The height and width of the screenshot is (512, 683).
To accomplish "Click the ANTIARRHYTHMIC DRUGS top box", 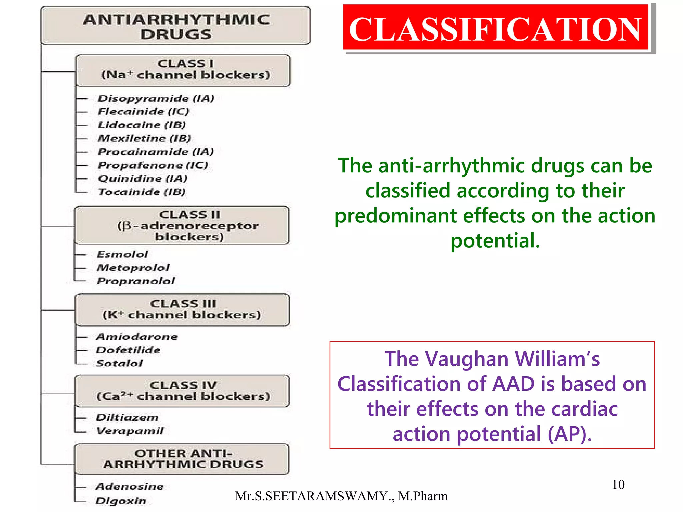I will (x=176, y=26).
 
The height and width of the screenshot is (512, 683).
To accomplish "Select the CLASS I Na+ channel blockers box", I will (x=183, y=70).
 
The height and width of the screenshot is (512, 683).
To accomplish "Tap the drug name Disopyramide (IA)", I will (x=156, y=98).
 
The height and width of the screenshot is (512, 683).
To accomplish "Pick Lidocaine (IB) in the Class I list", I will (x=142, y=125).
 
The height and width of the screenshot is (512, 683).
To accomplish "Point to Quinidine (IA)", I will (x=143, y=179).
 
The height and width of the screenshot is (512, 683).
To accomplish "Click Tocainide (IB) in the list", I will (x=141, y=192).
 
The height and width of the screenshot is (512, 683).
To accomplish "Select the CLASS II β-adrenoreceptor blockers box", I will (x=182, y=226).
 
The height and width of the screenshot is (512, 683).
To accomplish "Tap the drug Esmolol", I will (x=122, y=254).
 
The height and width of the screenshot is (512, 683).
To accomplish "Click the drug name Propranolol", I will (x=136, y=281).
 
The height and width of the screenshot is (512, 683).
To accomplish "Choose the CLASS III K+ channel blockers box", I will (x=182, y=310).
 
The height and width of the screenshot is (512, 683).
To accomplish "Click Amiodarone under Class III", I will (x=137, y=337).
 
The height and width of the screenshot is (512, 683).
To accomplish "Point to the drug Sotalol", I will (x=119, y=363).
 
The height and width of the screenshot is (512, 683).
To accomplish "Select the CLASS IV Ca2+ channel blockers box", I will (x=182, y=391).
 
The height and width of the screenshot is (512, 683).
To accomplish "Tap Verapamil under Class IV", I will (x=130, y=431).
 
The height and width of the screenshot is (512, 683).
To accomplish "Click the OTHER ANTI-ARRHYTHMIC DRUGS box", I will (x=182, y=459).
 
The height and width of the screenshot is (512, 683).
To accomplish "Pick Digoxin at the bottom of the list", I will (x=121, y=501).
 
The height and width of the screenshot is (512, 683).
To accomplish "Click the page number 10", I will (x=618, y=484).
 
